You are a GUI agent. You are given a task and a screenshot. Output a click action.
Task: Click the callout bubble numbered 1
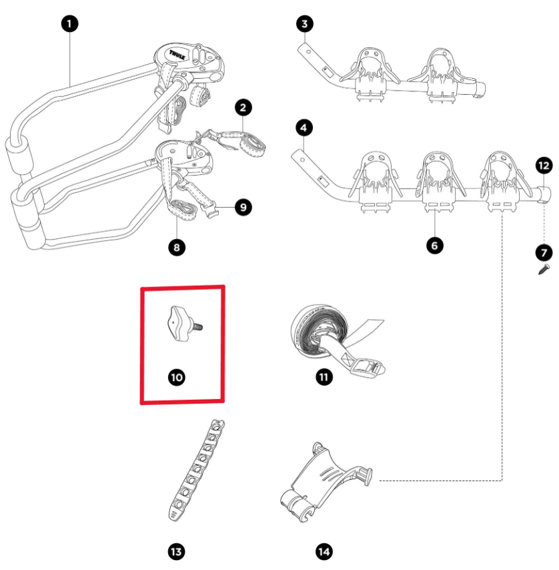[x=69, y=24]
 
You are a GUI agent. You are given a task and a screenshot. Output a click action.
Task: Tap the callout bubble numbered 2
[x=243, y=107]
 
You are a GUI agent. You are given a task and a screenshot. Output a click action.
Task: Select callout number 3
[x=304, y=24]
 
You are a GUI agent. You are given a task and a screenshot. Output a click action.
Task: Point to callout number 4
[x=304, y=127]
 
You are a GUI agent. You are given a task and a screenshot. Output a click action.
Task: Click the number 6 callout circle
[x=434, y=246]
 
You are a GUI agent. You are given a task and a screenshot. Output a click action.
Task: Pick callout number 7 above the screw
[x=544, y=252]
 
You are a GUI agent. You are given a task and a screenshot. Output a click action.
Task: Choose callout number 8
[x=176, y=247]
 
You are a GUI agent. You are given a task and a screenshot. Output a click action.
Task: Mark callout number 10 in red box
[x=176, y=377]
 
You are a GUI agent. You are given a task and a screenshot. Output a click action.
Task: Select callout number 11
[x=324, y=377]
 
